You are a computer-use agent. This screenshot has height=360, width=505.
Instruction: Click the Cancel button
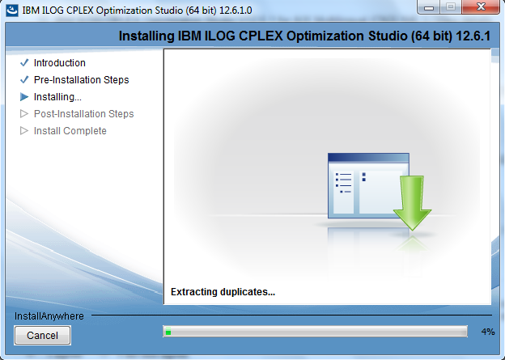(x=43, y=335)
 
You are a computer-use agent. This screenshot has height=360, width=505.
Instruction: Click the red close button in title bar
(x=481, y=6)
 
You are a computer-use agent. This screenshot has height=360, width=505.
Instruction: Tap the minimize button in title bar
(x=429, y=6)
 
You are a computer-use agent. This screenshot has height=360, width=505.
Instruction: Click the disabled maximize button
(x=451, y=6)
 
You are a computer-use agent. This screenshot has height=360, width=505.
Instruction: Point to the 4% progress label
(x=488, y=332)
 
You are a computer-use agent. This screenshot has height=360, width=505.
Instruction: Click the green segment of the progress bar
(x=168, y=332)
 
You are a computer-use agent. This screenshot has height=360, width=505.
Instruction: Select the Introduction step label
(x=60, y=63)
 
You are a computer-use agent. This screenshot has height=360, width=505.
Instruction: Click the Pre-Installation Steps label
(x=81, y=80)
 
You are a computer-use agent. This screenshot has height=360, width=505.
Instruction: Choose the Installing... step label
(x=57, y=97)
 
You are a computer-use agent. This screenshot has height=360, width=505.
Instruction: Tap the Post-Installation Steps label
(x=83, y=114)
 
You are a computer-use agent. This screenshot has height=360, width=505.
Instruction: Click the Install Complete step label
(x=70, y=131)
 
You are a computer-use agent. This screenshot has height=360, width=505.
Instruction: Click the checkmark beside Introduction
(x=24, y=62)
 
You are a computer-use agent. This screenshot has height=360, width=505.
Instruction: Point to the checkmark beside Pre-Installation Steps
(x=24, y=79)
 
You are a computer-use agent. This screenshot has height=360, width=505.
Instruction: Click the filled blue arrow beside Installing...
(x=24, y=96)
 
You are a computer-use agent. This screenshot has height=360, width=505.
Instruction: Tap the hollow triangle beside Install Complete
(x=24, y=131)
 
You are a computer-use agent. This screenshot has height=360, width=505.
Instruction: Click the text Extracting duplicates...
(x=223, y=292)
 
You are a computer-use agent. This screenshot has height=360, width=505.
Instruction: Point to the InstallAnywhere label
(x=49, y=316)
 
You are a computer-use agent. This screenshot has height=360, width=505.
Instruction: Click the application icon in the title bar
(x=13, y=10)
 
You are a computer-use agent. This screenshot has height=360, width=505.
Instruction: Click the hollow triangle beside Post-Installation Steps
(x=24, y=114)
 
